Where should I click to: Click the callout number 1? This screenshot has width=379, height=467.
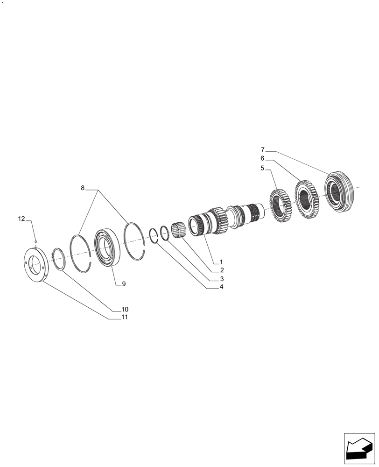[222, 262]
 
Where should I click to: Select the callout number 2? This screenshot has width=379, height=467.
[222, 270]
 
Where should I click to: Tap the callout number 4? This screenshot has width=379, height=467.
[222, 287]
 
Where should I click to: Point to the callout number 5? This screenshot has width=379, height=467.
[262, 168]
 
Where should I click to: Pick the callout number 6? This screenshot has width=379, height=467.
[262, 159]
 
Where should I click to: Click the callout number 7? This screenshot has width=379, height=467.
[262, 150]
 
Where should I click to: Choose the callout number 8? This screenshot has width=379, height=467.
[83, 188]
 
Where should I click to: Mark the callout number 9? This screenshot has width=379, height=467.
[124, 283]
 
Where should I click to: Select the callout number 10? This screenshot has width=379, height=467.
[125, 309]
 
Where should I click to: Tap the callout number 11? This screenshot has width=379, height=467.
[125, 317]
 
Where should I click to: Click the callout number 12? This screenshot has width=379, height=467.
[21, 219]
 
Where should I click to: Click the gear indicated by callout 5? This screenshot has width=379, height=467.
[281, 205]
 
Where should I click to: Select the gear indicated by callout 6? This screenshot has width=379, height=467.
[307, 197]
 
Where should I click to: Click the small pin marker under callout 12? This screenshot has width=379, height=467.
[35, 241]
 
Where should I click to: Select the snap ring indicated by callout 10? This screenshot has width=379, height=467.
[58, 258]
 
